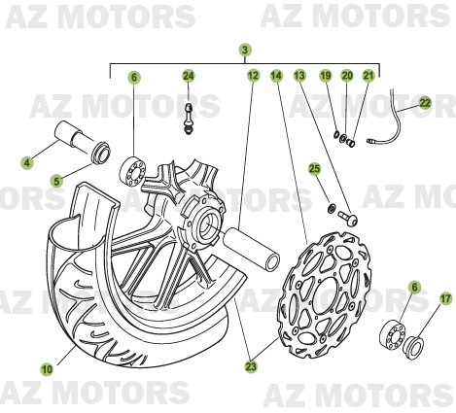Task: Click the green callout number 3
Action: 245,50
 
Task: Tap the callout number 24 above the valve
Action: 188,76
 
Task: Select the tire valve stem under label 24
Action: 189,119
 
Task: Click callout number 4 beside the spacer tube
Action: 27,162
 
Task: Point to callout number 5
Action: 56,181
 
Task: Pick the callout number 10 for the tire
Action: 47,369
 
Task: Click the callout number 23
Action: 251,366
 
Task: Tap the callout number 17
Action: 445,298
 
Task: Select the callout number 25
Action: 314,169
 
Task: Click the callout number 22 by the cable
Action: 425,103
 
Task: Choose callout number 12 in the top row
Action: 254,76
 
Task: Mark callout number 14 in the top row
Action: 276,76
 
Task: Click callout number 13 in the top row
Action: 299,76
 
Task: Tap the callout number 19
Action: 326,76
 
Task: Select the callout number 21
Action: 368,76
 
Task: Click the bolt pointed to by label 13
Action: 348,218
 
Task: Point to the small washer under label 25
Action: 332,208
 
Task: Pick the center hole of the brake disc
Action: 326,294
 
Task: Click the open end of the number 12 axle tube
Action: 272,262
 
